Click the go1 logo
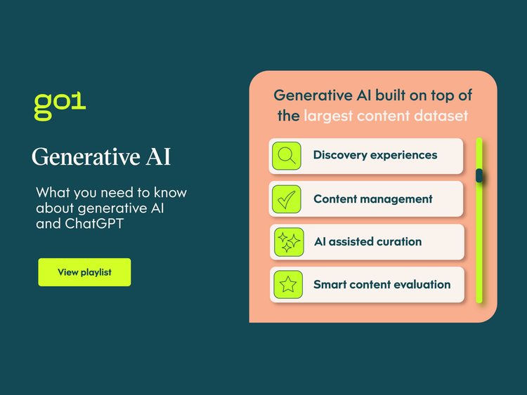(60, 105)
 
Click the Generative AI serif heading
(101, 156)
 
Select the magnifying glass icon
(286, 156)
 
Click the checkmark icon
(286, 199)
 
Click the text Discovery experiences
(375, 155)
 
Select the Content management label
(373, 199)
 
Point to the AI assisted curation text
(367, 241)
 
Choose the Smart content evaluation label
(382, 284)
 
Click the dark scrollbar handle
(479, 175)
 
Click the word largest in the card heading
(326, 116)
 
